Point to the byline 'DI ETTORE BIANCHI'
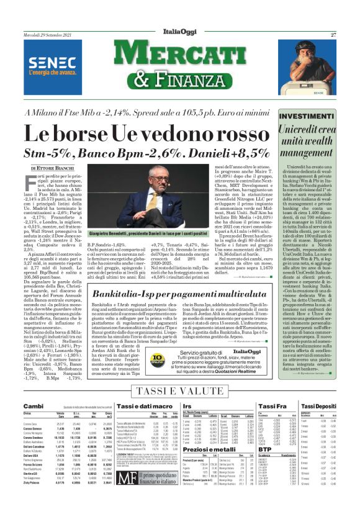pos(52,168)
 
